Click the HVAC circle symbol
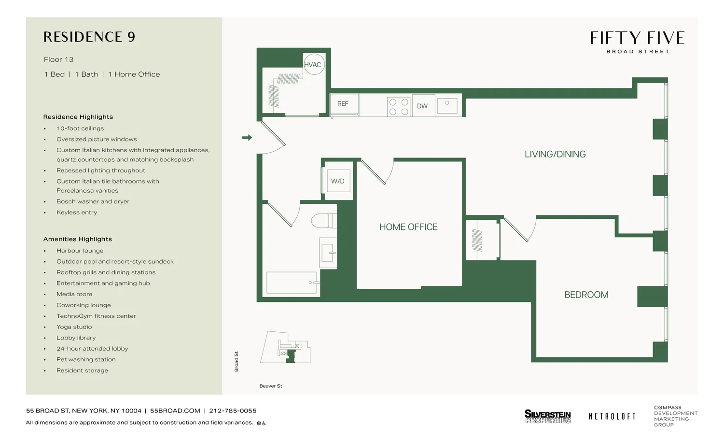[x=313, y=65]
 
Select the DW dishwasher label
[x=422, y=106]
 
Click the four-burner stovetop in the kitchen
[x=399, y=107]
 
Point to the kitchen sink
[x=447, y=106]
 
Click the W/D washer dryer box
[x=338, y=181]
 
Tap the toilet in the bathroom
[x=323, y=221]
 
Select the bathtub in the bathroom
[x=292, y=283]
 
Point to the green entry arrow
[x=247, y=138]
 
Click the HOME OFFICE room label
[x=408, y=227]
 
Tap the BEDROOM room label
[x=586, y=295]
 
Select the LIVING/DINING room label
[x=555, y=154]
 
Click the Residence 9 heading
[x=89, y=37]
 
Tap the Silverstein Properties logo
[x=547, y=416]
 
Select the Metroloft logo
[x=612, y=416]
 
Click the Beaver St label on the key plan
[x=271, y=386]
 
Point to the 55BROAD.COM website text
[x=175, y=411]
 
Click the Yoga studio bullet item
[x=74, y=327]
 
